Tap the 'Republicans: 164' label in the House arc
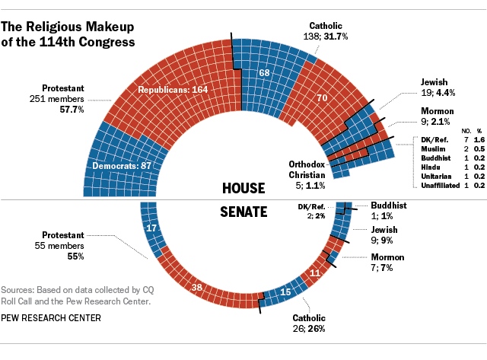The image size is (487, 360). tap(173, 90)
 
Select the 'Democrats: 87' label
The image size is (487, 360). tap(122, 165)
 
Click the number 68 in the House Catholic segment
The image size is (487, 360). tap(264, 74)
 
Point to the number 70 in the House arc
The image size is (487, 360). tap(321, 97)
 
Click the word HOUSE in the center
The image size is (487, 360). tap(243, 187)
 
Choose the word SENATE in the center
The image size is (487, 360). tap(243, 211)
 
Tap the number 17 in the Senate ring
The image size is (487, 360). tap(151, 228)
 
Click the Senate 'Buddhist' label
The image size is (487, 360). tap(389, 205)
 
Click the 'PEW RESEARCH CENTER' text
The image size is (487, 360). tap(50, 317)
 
